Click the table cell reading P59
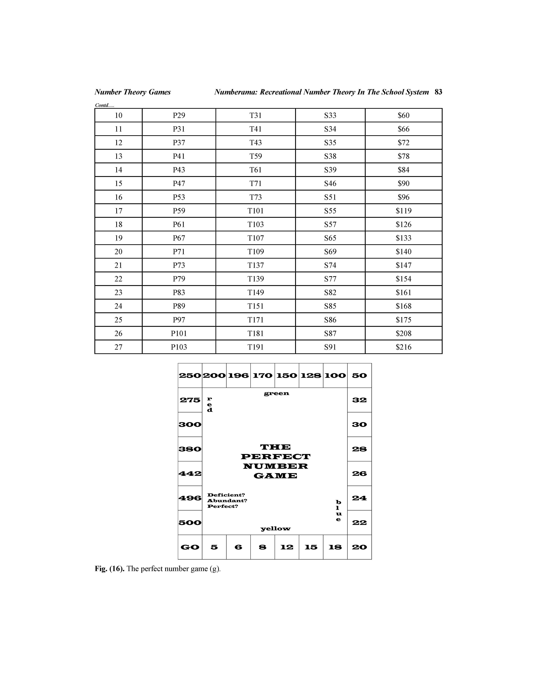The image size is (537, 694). click(x=179, y=211)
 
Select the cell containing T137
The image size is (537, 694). click(x=256, y=265)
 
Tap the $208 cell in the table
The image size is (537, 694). click(x=403, y=333)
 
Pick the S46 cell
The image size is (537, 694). click(x=330, y=183)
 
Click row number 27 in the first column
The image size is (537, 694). click(x=118, y=347)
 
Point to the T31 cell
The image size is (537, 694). click(x=256, y=115)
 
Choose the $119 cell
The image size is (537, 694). click(x=403, y=211)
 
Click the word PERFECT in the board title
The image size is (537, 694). click(x=276, y=457)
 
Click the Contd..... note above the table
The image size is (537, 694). click(x=104, y=105)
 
